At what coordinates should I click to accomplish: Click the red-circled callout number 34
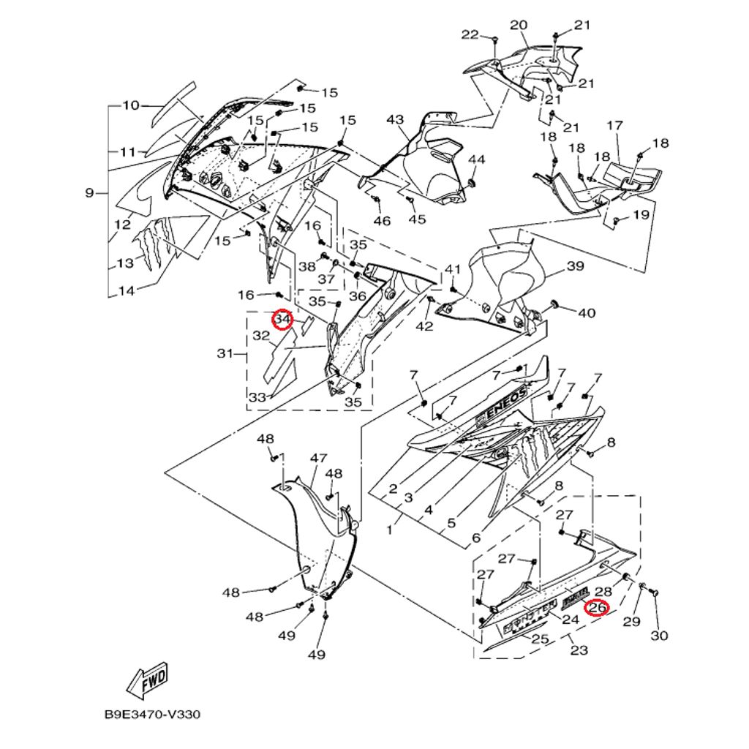pos(282,320)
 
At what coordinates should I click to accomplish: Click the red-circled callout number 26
pos(598,607)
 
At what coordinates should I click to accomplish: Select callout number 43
pos(395,119)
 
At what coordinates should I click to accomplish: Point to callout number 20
pos(519,26)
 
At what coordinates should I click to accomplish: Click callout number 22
pos(470,34)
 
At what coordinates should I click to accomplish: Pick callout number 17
pos(614,126)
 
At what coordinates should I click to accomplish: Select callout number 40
pos(587,313)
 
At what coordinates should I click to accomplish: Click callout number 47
pos(317,458)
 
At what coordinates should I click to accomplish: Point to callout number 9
pos(90,193)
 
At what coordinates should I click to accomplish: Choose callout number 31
pos(225,355)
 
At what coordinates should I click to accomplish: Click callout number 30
pos(659,636)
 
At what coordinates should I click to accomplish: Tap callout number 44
pos(476,159)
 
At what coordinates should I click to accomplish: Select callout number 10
pos(130,105)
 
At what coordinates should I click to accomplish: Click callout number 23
pos(579,650)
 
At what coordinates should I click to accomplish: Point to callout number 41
pos(453,269)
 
